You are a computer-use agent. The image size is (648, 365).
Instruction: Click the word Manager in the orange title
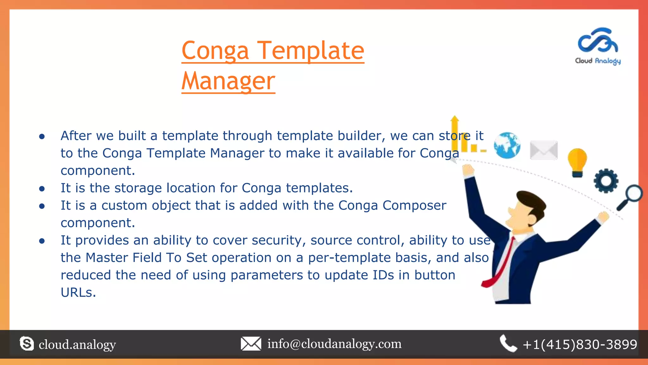click(x=228, y=81)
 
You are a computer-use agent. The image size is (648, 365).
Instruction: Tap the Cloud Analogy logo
click(x=598, y=46)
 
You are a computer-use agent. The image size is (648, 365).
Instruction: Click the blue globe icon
click(x=507, y=145)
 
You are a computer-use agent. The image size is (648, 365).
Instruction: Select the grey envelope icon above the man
click(x=544, y=150)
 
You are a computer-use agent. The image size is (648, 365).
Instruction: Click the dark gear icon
click(x=606, y=181)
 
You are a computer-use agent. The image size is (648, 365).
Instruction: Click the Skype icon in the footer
click(x=27, y=344)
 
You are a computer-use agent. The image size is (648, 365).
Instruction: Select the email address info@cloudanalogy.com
click(x=334, y=344)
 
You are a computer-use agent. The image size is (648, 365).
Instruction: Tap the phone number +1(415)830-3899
click(x=580, y=344)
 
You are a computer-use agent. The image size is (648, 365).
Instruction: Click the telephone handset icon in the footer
click(x=508, y=343)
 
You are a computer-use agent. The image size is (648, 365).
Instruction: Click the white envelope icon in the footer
click(x=251, y=344)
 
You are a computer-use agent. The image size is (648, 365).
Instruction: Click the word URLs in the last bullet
click(x=78, y=292)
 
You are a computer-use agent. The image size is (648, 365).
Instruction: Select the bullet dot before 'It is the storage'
click(x=42, y=189)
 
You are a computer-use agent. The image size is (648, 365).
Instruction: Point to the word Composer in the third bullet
click(x=414, y=205)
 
